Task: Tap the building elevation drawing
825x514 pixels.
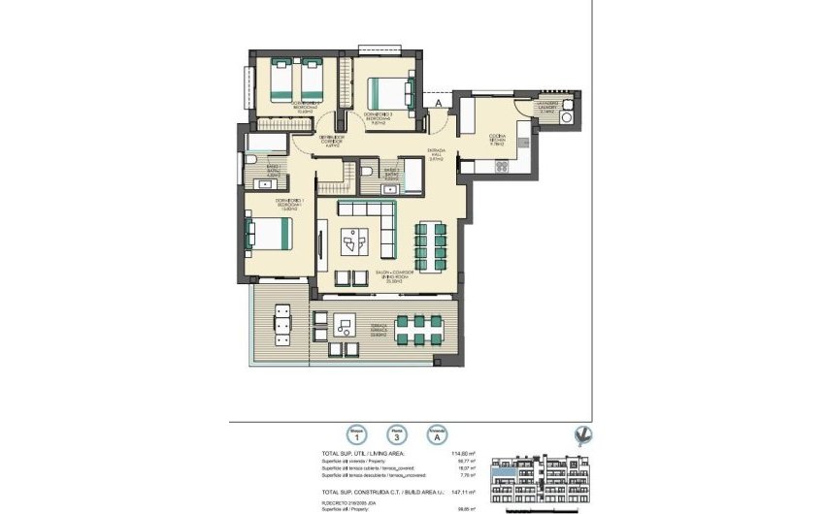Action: pos(544,482)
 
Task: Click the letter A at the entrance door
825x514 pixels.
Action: pos(440,100)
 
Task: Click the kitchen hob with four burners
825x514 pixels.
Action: pos(503,166)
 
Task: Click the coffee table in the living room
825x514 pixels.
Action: pos(355,238)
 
